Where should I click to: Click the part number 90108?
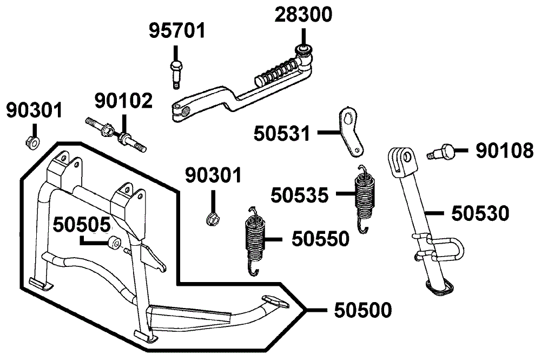(504, 151)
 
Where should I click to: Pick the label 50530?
(480, 213)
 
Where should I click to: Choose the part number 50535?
(299, 194)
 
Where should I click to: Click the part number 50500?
(362, 310)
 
